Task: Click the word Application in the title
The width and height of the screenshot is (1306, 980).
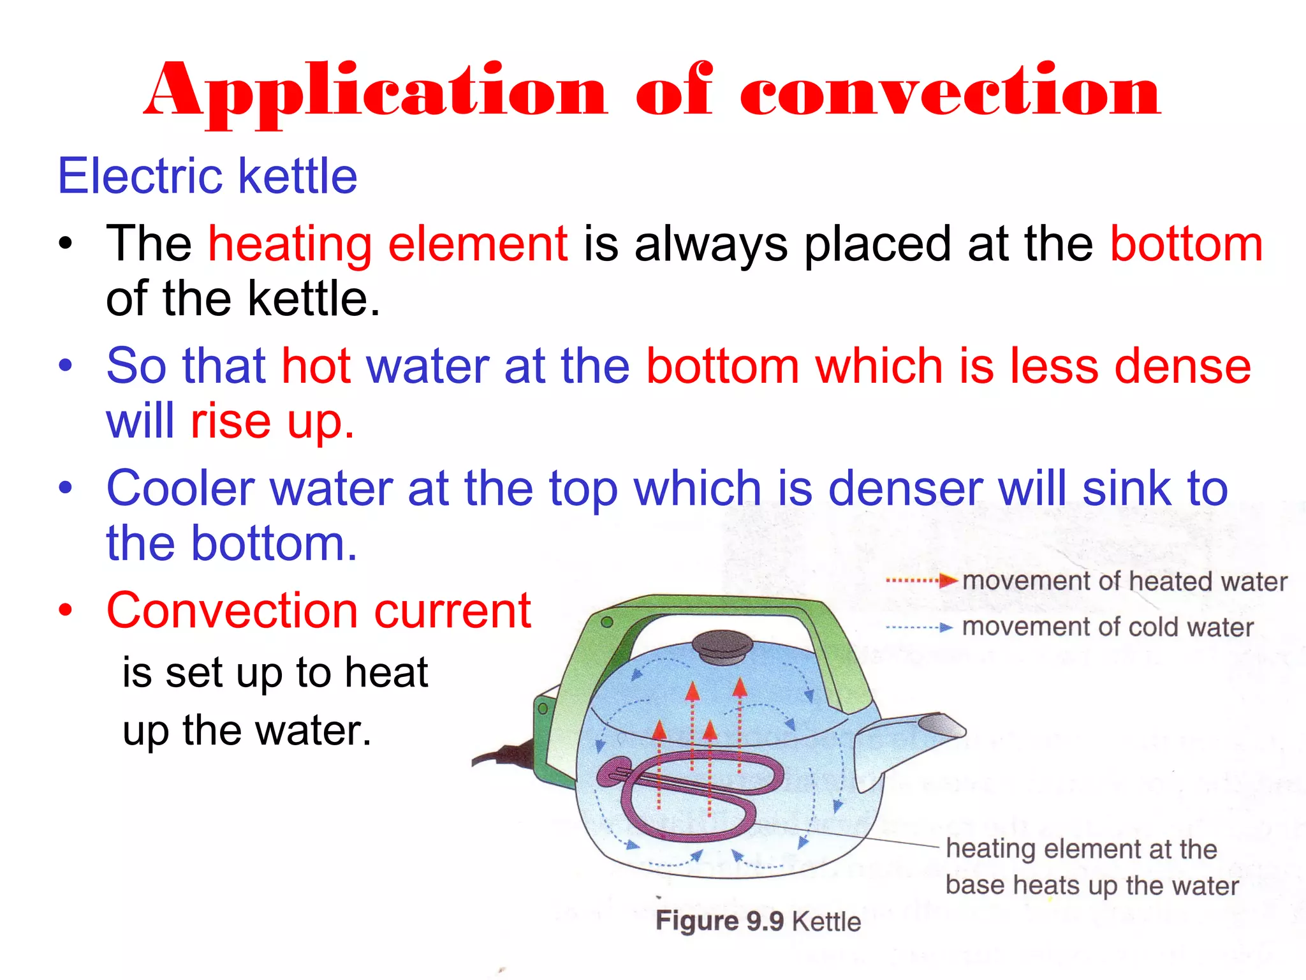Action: coord(376,93)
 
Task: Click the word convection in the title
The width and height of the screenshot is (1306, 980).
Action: coord(950,93)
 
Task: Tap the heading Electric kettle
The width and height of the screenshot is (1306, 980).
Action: coord(207,176)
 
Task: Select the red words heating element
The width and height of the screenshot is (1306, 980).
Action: coord(388,244)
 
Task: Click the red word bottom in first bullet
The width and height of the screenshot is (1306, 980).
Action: coord(1186,244)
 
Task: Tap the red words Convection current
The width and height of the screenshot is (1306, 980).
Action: coord(319,611)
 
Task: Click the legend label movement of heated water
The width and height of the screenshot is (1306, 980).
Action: coord(1124,581)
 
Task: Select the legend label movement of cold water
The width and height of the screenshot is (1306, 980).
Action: coord(1108,627)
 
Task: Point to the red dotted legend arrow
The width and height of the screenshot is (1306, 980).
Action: coord(921,581)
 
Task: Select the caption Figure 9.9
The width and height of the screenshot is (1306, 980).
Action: coord(719,921)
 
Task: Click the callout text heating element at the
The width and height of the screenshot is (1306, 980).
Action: coord(1081,849)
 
